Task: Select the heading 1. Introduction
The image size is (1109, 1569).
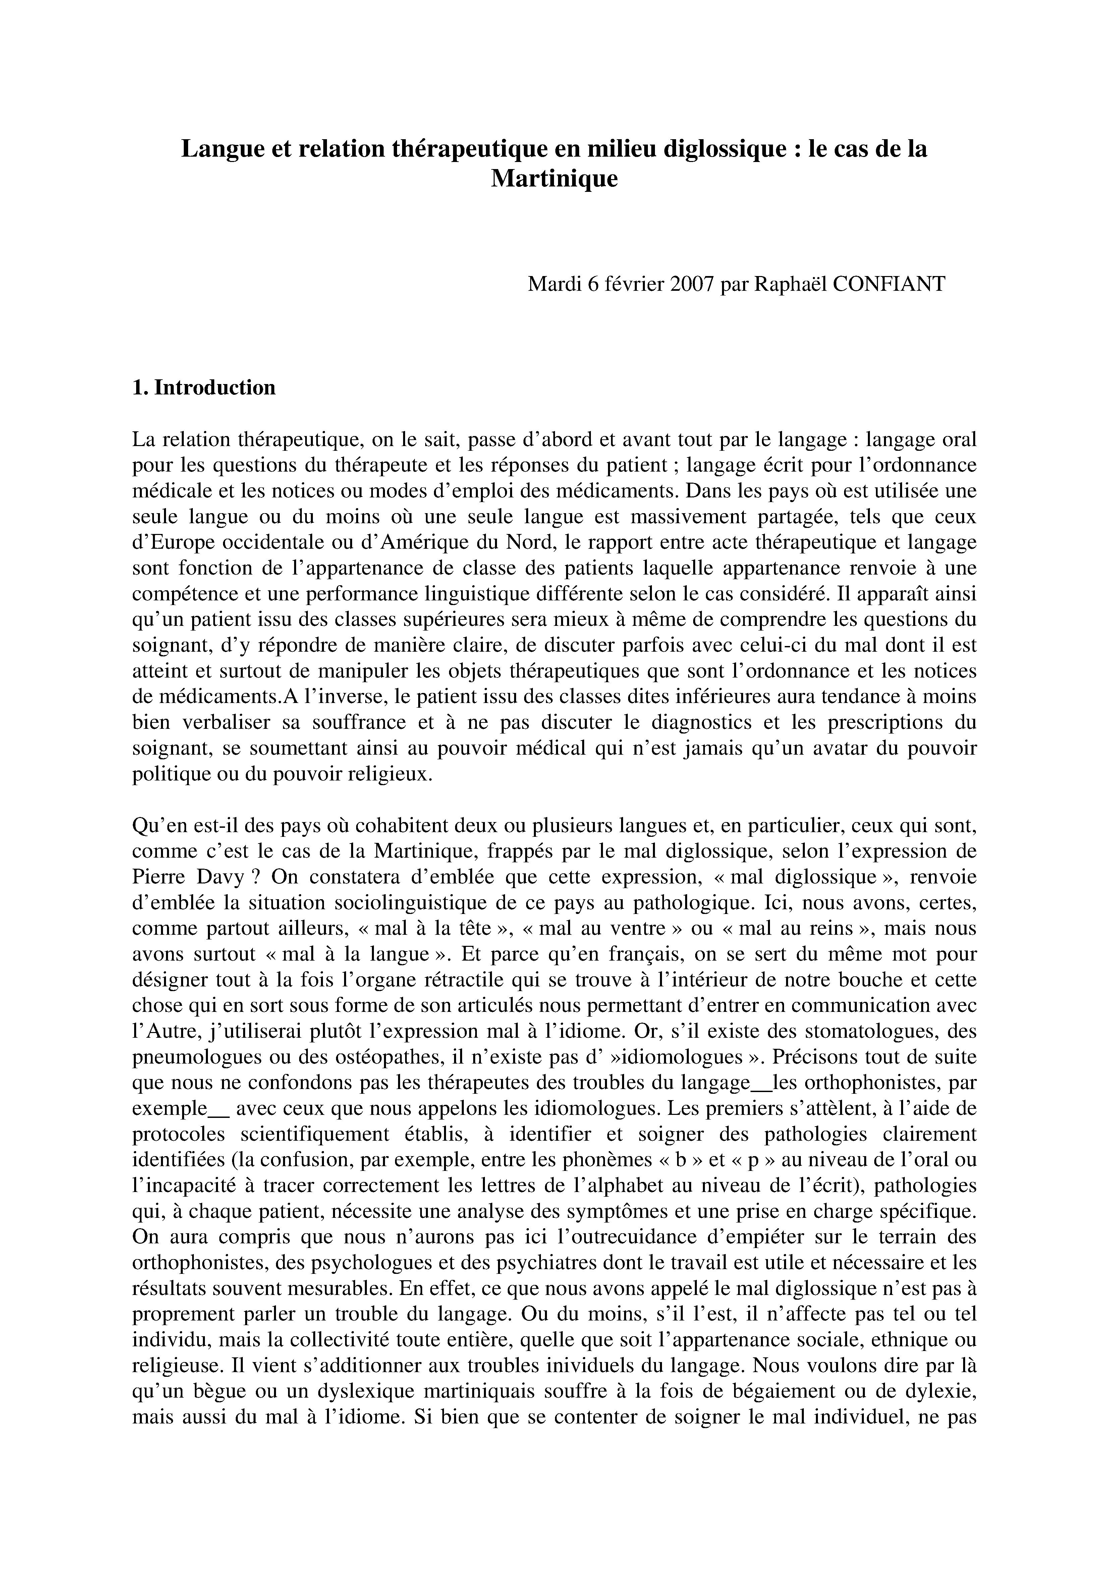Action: (204, 387)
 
